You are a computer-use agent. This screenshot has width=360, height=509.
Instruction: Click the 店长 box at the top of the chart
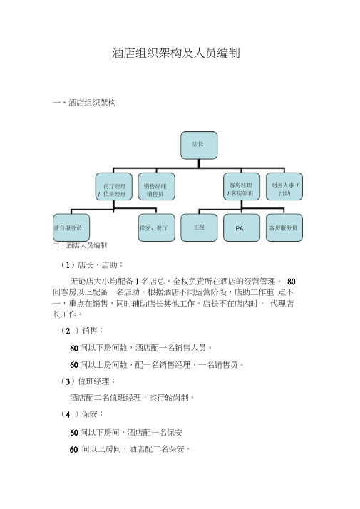(199, 145)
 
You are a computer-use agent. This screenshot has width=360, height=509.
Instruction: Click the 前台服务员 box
(71, 227)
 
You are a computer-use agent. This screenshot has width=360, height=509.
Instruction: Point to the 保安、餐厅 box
(156, 227)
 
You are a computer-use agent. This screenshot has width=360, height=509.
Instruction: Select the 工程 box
(199, 227)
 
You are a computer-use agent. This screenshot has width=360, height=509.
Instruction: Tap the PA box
(242, 227)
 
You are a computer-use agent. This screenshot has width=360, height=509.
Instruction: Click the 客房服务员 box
(284, 227)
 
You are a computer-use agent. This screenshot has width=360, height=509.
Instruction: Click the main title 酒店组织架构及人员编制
(176, 53)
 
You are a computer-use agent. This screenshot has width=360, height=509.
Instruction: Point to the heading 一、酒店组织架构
(84, 103)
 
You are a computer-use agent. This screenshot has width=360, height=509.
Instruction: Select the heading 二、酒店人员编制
(80, 245)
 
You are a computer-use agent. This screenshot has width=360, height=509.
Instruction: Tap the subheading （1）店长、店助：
(91, 265)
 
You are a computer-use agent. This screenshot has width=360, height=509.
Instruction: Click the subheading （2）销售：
(82, 331)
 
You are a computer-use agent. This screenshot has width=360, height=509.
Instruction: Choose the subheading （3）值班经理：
(88, 381)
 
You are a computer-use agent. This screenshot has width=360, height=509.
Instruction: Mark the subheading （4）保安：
(82, 414)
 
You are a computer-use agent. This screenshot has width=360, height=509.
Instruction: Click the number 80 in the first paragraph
(291, 282)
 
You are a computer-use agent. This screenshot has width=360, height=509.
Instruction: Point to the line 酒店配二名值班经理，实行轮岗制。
(133, 398)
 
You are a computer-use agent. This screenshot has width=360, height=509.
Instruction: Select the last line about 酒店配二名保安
(130, 449)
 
